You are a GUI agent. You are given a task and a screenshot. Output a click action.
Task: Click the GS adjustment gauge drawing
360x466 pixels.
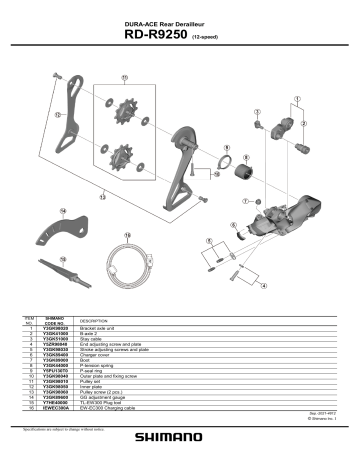(x=61, y=269)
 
